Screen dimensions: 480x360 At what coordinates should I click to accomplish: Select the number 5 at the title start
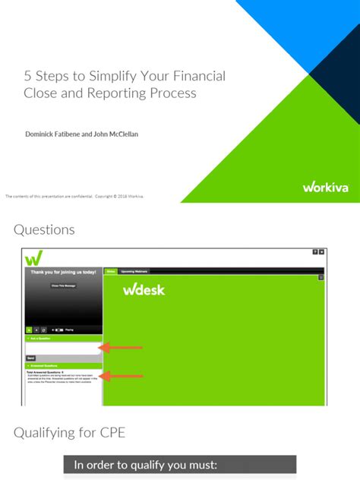coord(27,77)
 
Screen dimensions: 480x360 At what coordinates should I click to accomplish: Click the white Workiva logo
coord(325,187)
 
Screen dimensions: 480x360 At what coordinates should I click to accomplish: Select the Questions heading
coord(44,229)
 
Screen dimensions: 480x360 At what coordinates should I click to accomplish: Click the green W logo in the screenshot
coord(33,257)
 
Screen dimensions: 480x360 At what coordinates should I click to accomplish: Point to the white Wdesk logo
coord(144,289)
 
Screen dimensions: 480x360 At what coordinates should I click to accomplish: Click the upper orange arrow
coord(122,348)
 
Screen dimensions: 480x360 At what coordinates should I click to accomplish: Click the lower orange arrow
coord(122,375)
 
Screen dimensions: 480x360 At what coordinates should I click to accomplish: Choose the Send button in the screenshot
coord(31,358)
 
